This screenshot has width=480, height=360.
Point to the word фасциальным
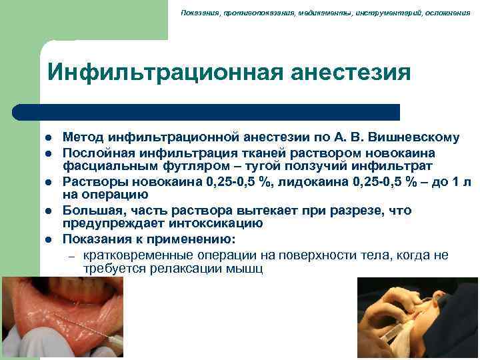[x=102, y=165]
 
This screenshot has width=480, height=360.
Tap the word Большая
[x=90, y=211]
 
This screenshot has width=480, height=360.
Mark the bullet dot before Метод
[x=49, y=139]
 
